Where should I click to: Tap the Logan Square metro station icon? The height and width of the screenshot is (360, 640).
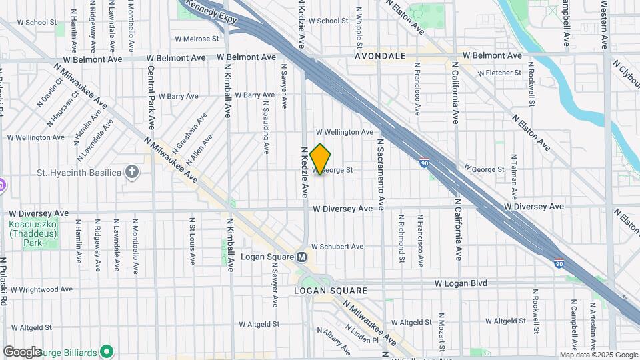[x=302, y=257]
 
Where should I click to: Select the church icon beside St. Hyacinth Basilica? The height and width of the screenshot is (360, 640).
[x=132, y=173]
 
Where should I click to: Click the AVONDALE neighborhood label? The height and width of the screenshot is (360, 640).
[x=381, y=56]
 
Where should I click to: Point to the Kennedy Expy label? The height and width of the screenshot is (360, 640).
[x=211, y=14]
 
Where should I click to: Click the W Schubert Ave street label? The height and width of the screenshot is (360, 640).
[x=337, y=247]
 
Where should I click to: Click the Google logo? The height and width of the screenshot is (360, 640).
[x=22, y=351]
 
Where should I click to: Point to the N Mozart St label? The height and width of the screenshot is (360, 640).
[x=441, y=331]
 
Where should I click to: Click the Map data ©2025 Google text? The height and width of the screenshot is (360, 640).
[x=598, y=355]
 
